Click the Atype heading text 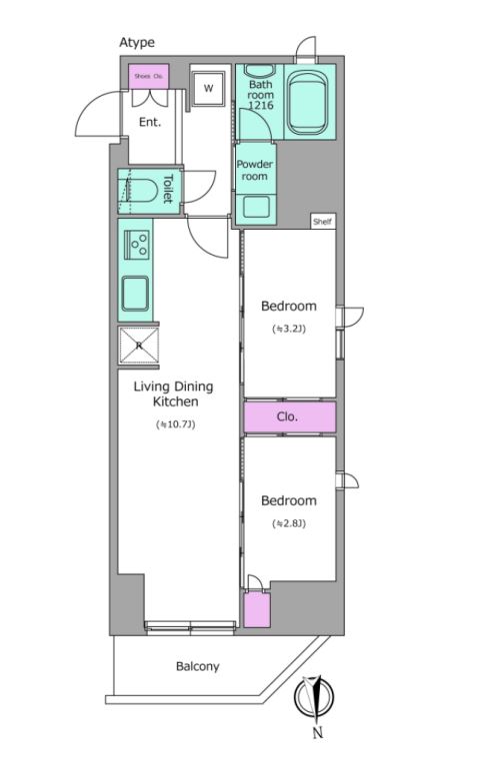137,43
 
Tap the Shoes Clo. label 149,77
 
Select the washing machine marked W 209,88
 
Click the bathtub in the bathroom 307,102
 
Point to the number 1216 261,105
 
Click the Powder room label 255,170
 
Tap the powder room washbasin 256,207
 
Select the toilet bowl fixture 137,190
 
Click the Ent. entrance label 150,122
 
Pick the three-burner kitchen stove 136,245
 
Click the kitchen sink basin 135,294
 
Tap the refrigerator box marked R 139,346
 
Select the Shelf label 322,222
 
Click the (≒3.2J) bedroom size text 289,329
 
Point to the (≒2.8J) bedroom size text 289,523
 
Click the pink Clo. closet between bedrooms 290,417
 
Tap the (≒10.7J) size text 176,424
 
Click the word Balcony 198,667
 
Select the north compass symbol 314,696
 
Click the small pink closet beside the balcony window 257,610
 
